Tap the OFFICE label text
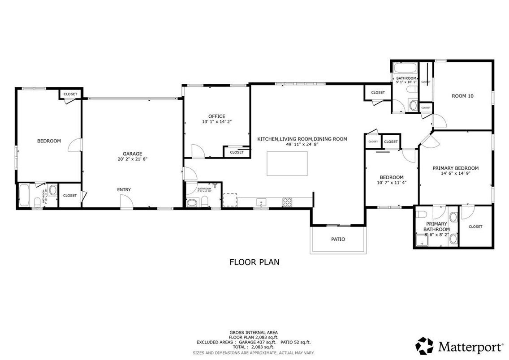pos(217,116)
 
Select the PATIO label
pos(338,239)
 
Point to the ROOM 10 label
pos(462,96)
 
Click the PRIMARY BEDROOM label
pos(455,168)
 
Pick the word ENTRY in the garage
pos(124,190)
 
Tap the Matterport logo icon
pos(424,346)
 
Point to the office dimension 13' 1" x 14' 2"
pos(217,122)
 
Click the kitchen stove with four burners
pos(287,202)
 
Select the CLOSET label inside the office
pos(237,152)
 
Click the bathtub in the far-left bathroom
pos(24,196)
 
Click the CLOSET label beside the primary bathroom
pos(475,227)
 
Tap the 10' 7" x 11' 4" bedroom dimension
pos(391,183)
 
